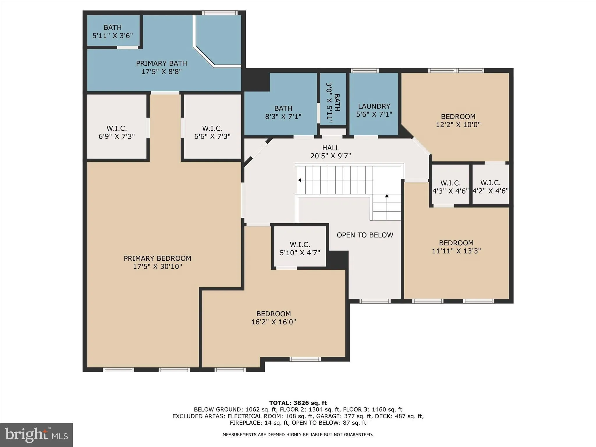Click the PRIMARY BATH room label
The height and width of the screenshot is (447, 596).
[162, 63]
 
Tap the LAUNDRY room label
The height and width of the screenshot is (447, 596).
[374, 106]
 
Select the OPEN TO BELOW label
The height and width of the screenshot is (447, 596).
[365, 235]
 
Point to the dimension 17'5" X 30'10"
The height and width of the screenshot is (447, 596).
[157, 267]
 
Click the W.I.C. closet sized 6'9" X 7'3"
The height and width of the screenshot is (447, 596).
[117, 132]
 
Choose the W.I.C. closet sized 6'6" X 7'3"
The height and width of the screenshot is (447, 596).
[212, 132]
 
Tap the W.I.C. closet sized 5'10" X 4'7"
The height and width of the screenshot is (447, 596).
[300, 249]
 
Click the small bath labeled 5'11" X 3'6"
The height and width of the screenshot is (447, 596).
[113, 31]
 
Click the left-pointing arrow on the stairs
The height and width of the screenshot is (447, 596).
[299, 180]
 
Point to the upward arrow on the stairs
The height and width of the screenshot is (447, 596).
[387, 196]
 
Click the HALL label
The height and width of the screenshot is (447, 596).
[331, 148]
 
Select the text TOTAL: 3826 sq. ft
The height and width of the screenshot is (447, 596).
[298, 403]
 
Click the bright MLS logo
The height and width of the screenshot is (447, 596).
[36, 435]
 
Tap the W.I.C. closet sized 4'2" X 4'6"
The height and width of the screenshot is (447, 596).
[490, 187]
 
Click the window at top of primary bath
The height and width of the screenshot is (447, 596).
[220, 13]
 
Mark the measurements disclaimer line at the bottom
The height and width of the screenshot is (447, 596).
[298, 434]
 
